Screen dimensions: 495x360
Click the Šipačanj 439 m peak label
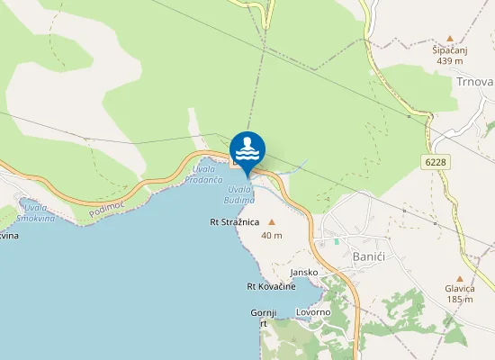(x=449, y=56)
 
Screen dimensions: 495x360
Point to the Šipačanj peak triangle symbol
(x=449, y=38)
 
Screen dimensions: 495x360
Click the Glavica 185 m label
(x=459, y=293)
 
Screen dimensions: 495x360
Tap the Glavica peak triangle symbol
(x=459, y=278)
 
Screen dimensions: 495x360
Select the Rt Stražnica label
(x=235, y=220)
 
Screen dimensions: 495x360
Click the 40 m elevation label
(x=272, y=235)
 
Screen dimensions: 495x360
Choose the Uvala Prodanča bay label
(x=203, y=175)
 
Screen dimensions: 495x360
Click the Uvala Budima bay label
(x=240, y=193)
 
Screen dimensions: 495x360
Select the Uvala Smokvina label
(x=40, y=212)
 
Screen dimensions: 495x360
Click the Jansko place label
(x=304, y=272)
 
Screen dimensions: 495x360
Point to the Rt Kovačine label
(x=271, y=286)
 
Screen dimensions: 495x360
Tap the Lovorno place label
(x=314, y=312)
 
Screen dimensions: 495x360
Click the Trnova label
(x=474, y=81)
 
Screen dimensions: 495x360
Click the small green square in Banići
(x=337, y=240)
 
